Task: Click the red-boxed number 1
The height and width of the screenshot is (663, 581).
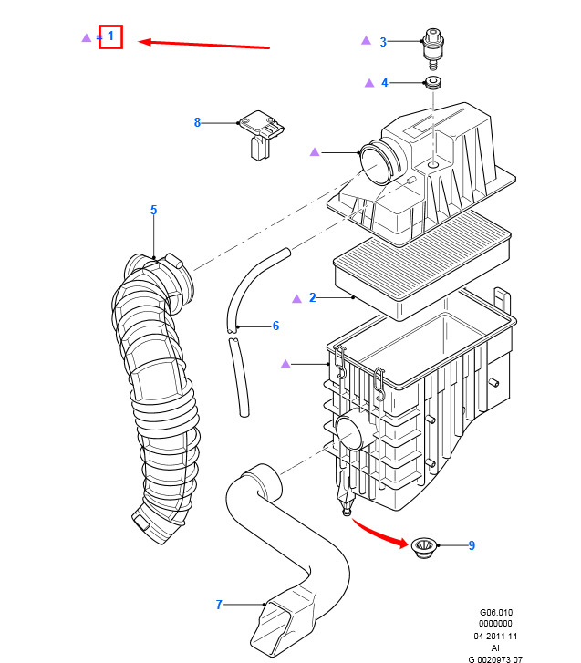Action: pyautogui.click(x=110, y=36)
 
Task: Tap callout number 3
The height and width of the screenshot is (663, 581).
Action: pyautogui.click(x=383, y=41)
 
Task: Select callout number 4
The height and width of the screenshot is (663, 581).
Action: pyautogui.click(x=384, y=82)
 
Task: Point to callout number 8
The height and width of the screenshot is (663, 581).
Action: pyautogui.click(x=196, y=122)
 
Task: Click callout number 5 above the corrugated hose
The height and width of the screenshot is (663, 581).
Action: pyautogui.click(x=153, y=211)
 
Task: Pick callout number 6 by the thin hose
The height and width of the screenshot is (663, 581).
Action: pyautogui.click(x=275, y=326)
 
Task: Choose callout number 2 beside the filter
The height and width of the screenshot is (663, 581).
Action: pyautogui.click(x=312, y=297)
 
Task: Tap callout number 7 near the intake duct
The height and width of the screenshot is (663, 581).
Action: pyautogui.click(x=219, y=604)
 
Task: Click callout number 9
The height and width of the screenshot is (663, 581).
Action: pyautogui.click(x=471, y=545)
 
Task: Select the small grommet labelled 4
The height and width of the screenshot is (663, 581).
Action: pyautogui.click(x=433, y=84)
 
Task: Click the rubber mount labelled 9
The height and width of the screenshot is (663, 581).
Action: pyautogui.click(x=423, y=547)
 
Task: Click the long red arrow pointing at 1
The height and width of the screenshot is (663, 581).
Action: pyautogui.click(x=205, y=43)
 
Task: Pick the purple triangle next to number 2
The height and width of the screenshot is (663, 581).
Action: pyautogui.click(x=296, y=298)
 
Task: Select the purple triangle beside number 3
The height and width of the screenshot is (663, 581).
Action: pyautogui.click(x=366, y=40)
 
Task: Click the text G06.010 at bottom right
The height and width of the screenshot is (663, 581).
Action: pyautogui.click(x=497, y=613)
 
